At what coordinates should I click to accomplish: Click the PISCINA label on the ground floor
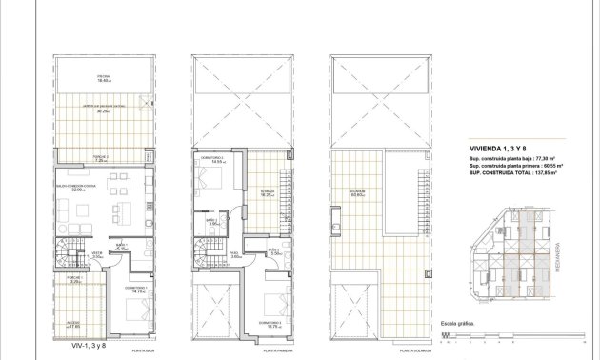[102, 76]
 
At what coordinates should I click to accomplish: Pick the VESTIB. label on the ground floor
[96, 254]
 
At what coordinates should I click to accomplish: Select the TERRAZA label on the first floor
[269, 190]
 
